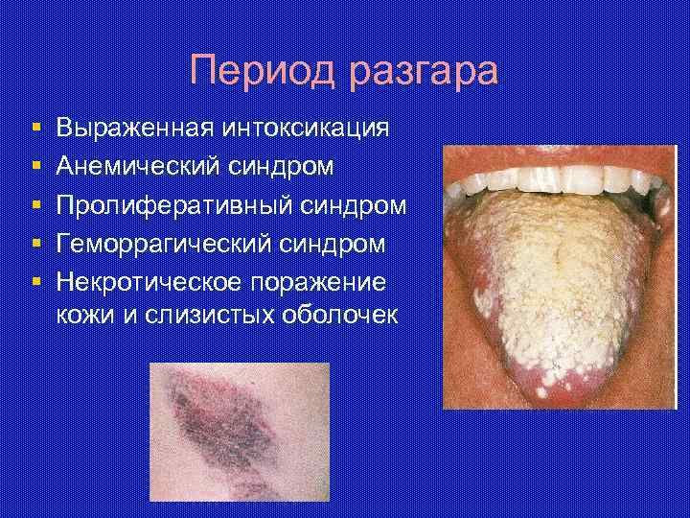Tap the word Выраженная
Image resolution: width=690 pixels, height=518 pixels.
pyautogui.click(x=136, y=129)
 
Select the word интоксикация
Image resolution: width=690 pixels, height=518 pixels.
pyautogui.click(x=308, y=129)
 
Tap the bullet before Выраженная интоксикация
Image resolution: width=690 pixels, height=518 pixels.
pyautogui.click(x=34, y=129)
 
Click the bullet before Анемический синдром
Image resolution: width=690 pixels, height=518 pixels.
pyautogui.click(x=34, y=167)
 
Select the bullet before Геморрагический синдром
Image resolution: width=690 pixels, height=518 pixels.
pyautogui.click(x=34, y=245)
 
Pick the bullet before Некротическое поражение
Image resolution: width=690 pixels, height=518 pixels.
pyautogui.click(x=34, y=283)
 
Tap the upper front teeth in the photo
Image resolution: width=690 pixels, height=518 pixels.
pyautogui.click(x=556, y=178)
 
